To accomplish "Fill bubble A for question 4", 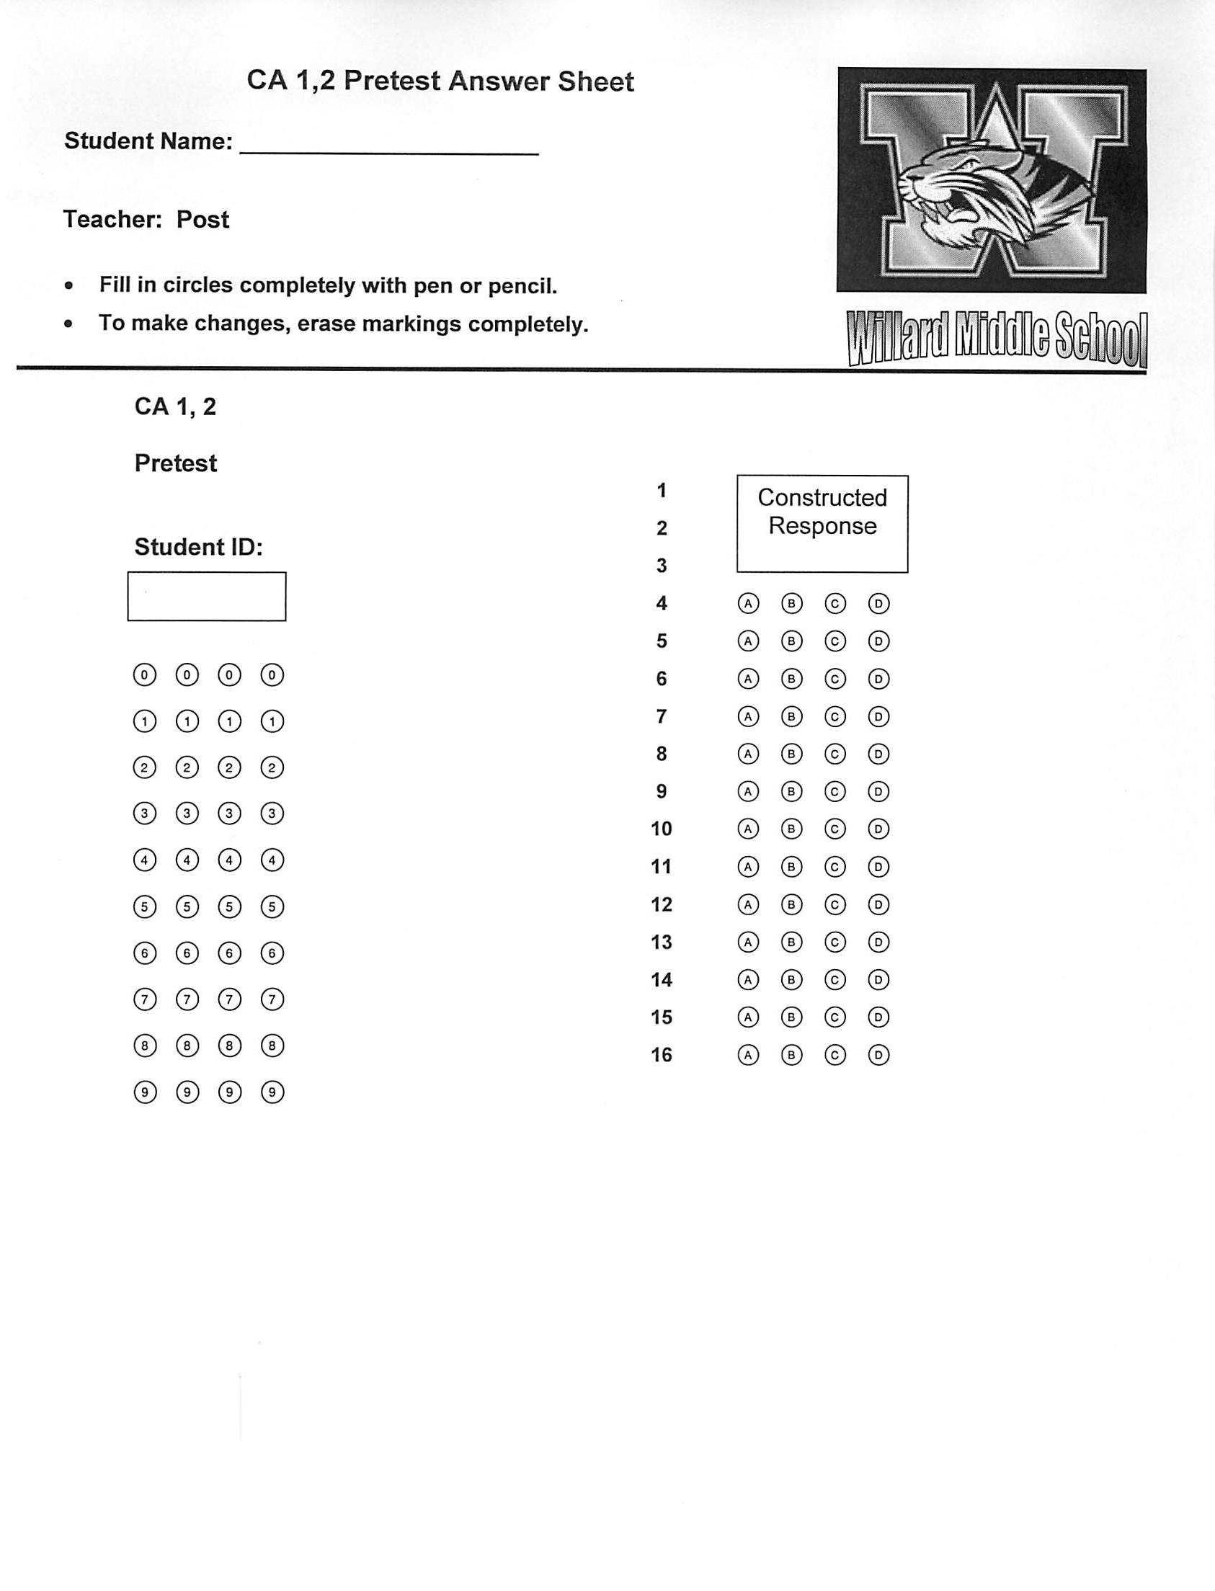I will click(x=748, y=603).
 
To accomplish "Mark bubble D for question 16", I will click(x=878, y=1055).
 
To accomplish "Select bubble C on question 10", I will click(x=835, y=829).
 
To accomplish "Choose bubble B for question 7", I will click(x=791, y=717).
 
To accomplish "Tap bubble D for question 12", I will click(x=878, y=905).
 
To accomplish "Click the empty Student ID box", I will click(x=207, y=597).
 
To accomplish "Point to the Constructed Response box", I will click(x=822, y=524).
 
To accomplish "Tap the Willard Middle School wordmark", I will click(x=997, y=339).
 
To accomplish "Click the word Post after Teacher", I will click(x=202, y=219).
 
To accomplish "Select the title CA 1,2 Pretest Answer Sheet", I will click(x=440, y=81).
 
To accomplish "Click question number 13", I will click(x=661, y=942).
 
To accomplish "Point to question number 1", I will click(x=661, y=491).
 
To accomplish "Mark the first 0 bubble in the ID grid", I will click(x=145, y=675).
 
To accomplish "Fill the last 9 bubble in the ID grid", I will click(x=272, y=1092).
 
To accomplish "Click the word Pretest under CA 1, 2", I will click(x=176, y=463).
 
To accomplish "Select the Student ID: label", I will click(x=198, y=547).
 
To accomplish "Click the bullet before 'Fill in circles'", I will click(x=68, y=285).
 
